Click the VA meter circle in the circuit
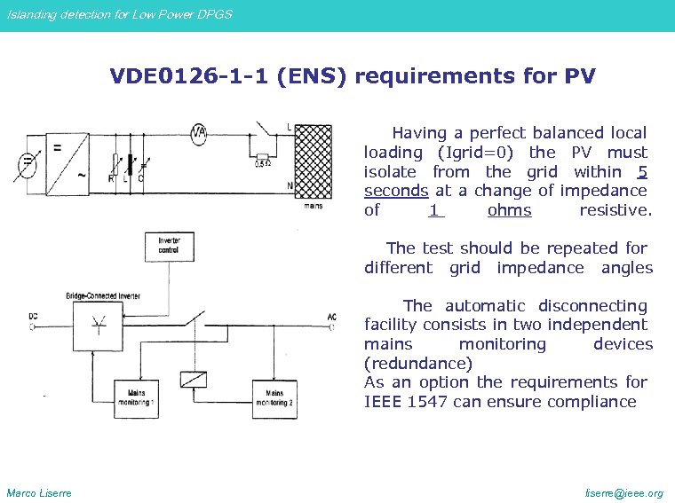coord(199,133)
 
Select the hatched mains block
coord(313,163)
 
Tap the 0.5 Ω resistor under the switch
coord(262,161)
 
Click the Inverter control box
coord(169,246)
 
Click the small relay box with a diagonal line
coord(194,379)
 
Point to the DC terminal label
coord(33,316)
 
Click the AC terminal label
coord(331,317)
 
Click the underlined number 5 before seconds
coord(641,171)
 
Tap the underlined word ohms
coord(509,210)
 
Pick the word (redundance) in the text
coord(417,363)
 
